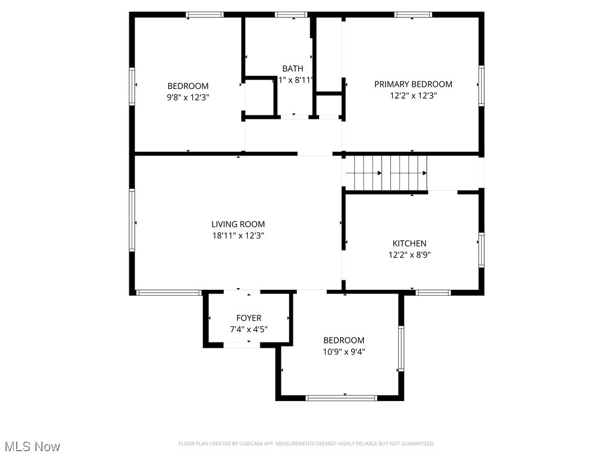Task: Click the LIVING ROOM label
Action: [x=238, y=225]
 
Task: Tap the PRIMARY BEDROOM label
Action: [x=413, y=84]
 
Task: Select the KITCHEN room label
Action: [x=409, y=243]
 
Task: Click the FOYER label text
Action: [x=248, y=318]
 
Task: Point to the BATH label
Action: [x=293, y=69]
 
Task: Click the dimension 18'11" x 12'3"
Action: [x=238, y=236]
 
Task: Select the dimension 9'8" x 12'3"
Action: [x=188, y=97]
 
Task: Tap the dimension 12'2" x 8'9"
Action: [x=409, y=255]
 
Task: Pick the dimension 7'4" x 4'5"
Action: [x=248, y=329]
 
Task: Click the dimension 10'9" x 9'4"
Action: [x=344, y=352]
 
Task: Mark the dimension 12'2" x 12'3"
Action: [x=413, y=96]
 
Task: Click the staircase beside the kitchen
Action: [x=387, y=173]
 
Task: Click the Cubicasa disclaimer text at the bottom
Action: [x=306, y=443]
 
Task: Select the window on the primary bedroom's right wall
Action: [x=481, y=86]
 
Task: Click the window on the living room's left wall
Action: [x=132, y=220]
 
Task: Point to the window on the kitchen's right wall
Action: [x=481, y=250]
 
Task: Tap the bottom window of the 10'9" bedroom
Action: [x=341, y=397]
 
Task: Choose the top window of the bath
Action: [x=292, y=14]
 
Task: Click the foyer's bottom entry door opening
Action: [x=241, y=345]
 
